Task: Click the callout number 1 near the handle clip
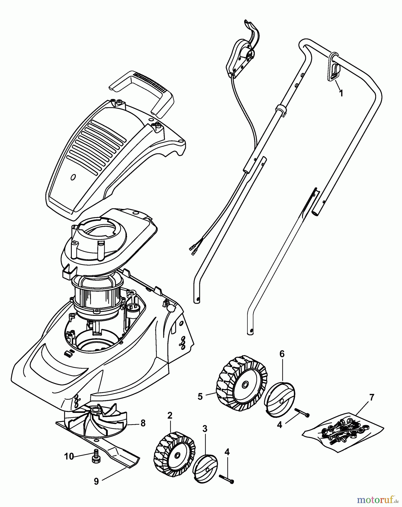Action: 341,93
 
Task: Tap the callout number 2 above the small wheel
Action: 170,415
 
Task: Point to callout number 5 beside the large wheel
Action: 200,397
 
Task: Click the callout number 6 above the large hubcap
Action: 282,354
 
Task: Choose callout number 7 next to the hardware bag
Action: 372,397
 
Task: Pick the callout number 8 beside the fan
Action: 143,423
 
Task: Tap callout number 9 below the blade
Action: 96,481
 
